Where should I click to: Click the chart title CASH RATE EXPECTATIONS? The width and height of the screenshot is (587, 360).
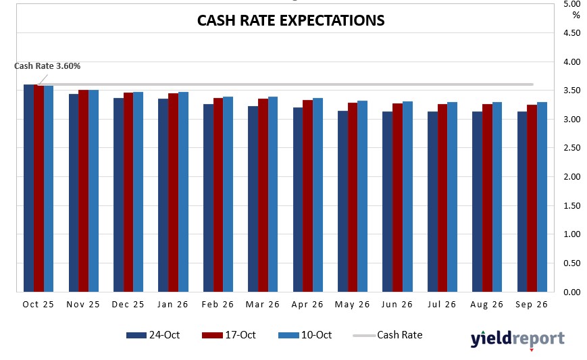[290, 20]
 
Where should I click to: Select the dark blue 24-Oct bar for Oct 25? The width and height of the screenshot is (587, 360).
[28, 188]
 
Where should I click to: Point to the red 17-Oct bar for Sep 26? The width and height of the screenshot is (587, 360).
[532, 199]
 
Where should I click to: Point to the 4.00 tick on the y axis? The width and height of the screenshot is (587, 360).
[571, 62]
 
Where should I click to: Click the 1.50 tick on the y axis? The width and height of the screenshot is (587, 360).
[571, 206]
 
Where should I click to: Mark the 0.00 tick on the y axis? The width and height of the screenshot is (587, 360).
[571, 292]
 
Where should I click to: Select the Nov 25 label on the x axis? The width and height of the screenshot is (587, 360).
[83, 305]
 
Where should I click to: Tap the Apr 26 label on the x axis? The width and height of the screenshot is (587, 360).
[308, 305]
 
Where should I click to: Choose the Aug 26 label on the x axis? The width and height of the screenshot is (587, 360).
[487, 305]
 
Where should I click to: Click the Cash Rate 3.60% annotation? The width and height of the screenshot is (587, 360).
[47, 66]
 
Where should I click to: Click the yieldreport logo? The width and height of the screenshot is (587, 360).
[517, 338]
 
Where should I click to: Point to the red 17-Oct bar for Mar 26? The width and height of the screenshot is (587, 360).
[263, 195]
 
